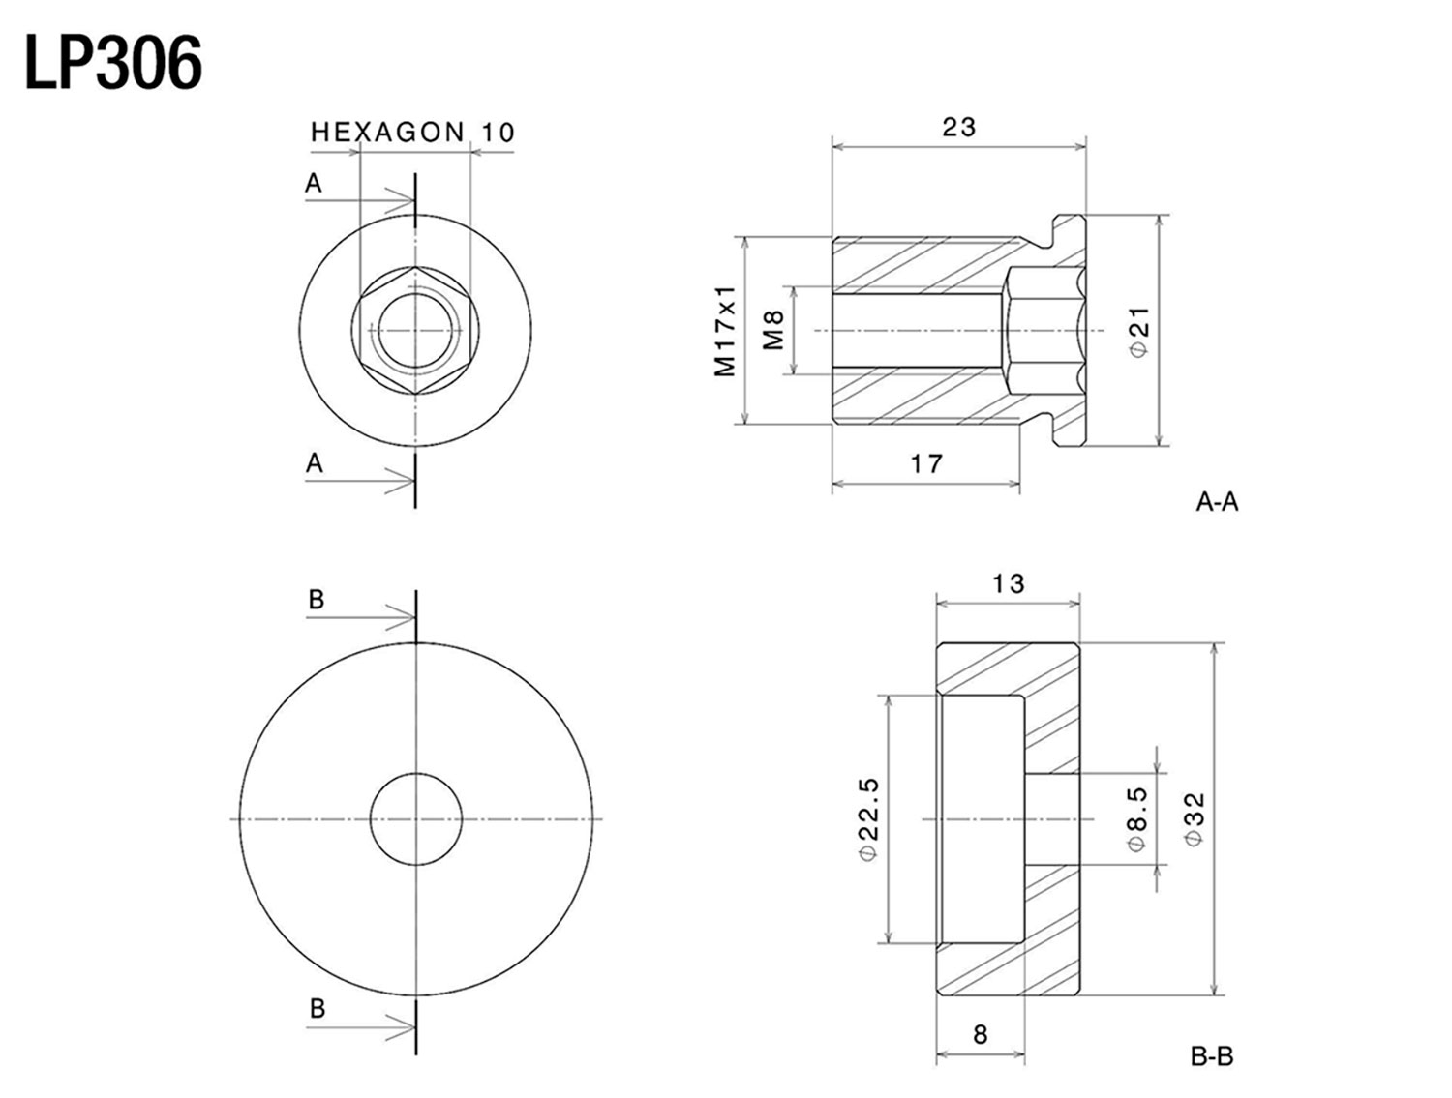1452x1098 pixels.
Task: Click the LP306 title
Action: (x=113, y=64)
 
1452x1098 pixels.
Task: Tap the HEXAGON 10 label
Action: (x=412, y=133)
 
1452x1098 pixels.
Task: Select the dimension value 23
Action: (x=958, y=127)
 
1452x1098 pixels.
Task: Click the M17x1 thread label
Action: (x=725, y=331)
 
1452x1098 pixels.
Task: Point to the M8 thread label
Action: (x=772, y=331)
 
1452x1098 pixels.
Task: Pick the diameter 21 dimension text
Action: (x=1140, y=332)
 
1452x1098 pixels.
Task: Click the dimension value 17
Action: (x=926, y=464)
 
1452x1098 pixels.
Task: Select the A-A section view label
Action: (x=1217, y=503)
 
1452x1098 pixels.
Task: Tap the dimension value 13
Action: (x=1008, y=583)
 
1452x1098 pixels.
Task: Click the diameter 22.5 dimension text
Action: (x=869, y=819)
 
